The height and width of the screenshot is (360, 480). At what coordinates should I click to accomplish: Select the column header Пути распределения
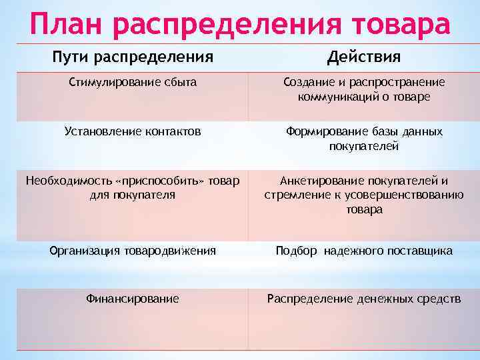(133, 57)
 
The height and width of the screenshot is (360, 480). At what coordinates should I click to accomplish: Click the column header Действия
(364, 57)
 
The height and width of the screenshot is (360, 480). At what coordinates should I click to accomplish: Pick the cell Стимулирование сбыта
(133, 82)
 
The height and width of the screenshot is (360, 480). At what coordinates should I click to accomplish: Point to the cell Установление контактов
(133, 131)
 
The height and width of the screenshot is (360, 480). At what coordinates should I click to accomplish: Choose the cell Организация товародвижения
(133, 251)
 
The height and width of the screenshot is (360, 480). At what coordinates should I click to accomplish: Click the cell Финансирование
(133, 299)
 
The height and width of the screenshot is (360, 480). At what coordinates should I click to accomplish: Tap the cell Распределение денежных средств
(364, 299)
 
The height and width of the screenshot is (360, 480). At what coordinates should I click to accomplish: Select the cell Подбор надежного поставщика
(364, 251)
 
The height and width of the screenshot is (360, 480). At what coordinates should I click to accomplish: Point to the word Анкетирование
(319, 181)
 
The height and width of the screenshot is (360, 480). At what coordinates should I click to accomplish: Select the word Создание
(305, 82)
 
